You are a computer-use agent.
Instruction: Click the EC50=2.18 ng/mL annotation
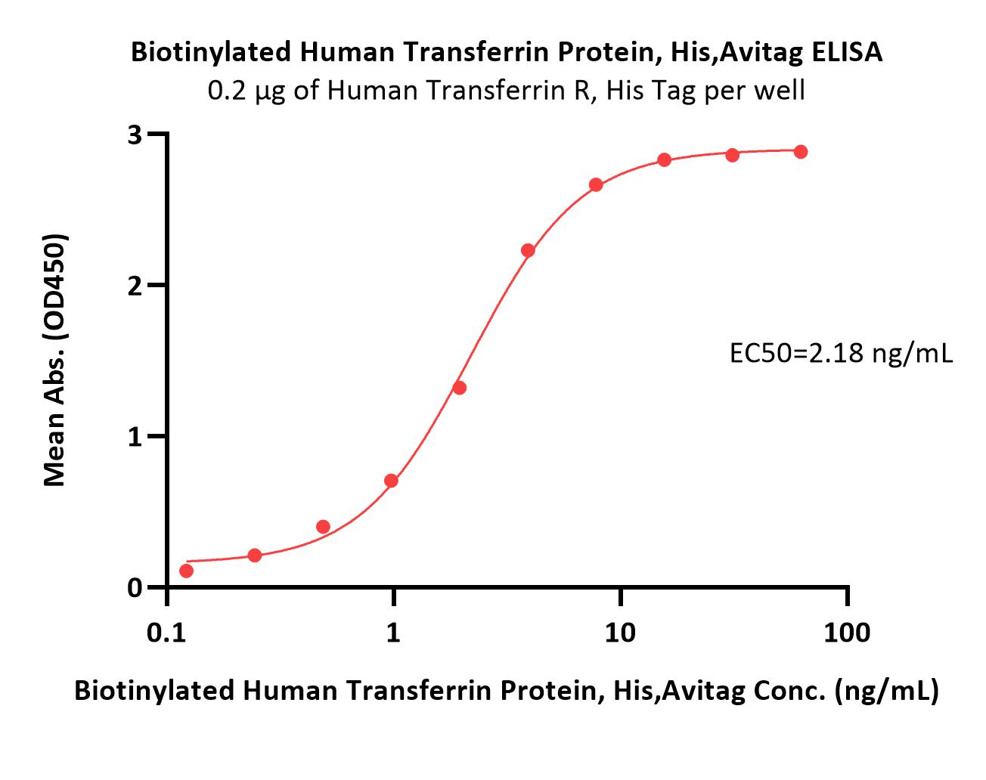coord(841,354)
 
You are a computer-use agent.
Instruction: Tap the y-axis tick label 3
coord(135,135)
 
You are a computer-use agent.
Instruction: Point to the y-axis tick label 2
coord(135,286)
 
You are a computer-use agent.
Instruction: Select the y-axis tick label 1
coord(135,437)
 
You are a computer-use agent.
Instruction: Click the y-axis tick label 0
coord(135,587)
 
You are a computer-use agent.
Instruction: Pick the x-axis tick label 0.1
coord(166,633)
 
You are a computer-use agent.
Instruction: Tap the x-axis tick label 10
coord(620,633)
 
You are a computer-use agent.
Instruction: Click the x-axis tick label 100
coord(847,633)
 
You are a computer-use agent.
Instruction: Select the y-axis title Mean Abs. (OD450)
coord(55,360)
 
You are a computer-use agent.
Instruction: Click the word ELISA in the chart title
coord(847,51)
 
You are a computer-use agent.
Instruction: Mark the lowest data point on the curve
coord(186,571)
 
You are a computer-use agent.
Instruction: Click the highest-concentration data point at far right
coord(801,152)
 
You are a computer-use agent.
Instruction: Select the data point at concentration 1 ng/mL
coord(391,481)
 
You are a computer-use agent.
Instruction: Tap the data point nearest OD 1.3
coord(459,388)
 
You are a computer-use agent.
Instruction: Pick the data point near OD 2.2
coord(528,250)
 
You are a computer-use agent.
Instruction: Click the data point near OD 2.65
coord(596,185)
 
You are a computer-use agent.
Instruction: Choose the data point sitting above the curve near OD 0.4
coord(323,527)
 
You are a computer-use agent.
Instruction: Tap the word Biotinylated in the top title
coord(211,51)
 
